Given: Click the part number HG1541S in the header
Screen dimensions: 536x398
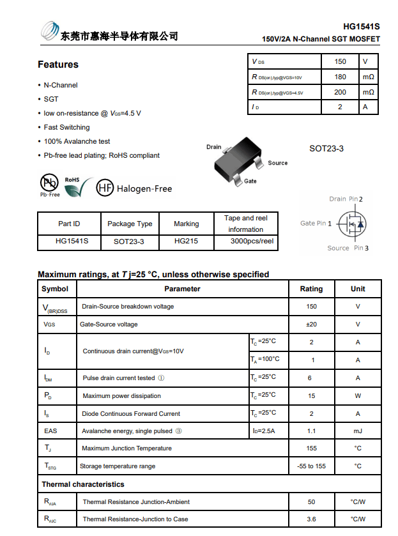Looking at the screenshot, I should [x=361, y=27].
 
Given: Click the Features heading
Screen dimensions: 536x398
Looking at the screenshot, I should [x=58, y=65].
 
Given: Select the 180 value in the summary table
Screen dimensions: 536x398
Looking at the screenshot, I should [x=340, y=77].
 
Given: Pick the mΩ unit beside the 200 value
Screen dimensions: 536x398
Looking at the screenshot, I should [x=368, y=93].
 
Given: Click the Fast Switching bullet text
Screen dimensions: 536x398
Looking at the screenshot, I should [x=66, y=127].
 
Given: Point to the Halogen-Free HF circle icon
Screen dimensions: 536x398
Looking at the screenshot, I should [x=105, y=188].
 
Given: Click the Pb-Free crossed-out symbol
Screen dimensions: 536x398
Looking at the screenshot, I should [x=50, y=183].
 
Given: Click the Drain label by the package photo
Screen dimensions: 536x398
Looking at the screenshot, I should [x=213, y=147].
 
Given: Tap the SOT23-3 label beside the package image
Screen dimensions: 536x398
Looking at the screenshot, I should [x=326, y=149].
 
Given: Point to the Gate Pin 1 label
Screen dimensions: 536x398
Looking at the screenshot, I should [x=316, y=224].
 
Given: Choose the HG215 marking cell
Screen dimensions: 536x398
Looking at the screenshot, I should [x=186, y=241].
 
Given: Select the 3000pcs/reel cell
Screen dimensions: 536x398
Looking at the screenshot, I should [x=252, y=241].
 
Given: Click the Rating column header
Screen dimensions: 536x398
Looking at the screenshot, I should [x=311, y=289].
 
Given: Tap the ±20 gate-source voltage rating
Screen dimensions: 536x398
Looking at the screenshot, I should [x=311, y=325].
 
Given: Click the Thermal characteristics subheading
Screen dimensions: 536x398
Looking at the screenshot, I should [x=83, y=484].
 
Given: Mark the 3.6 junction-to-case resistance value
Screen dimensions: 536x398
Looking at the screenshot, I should [x=311, y=519].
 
